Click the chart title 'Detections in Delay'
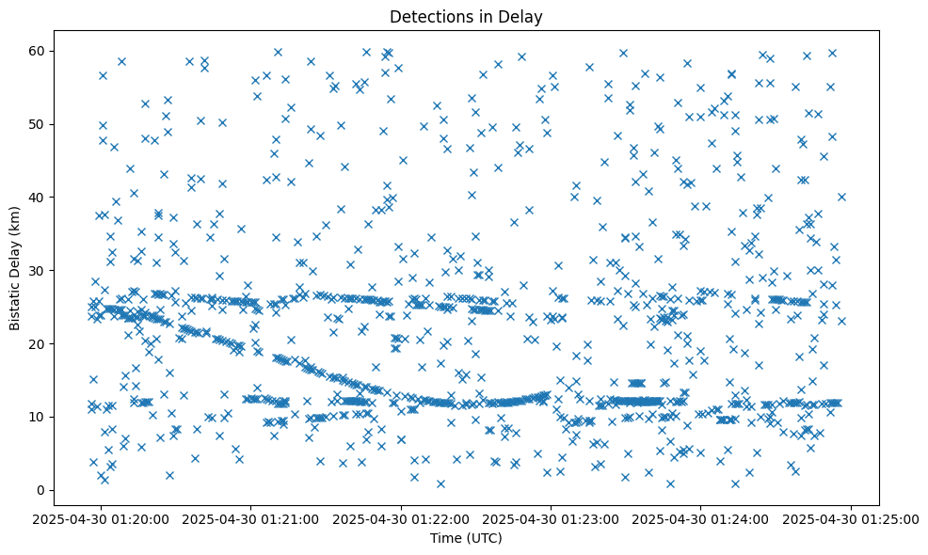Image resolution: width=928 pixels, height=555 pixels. click(x=466, y=17)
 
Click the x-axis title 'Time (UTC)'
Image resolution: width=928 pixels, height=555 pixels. click(x=466, y=538)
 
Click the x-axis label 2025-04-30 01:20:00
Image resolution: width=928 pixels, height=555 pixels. click(x=102, y=518)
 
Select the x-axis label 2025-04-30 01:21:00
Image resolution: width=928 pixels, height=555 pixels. click(x=251, y=518)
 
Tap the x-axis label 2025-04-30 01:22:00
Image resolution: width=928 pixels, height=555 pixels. click(x=402, y=518)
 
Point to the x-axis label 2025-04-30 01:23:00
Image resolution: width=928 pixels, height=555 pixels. click(x=552, y=518)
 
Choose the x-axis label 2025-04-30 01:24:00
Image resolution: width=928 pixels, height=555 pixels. click(x=701, y=518)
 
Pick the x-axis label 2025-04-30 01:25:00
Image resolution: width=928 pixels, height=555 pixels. click(x=851, y=518)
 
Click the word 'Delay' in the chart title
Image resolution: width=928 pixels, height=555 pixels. click(x=522, y=17)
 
